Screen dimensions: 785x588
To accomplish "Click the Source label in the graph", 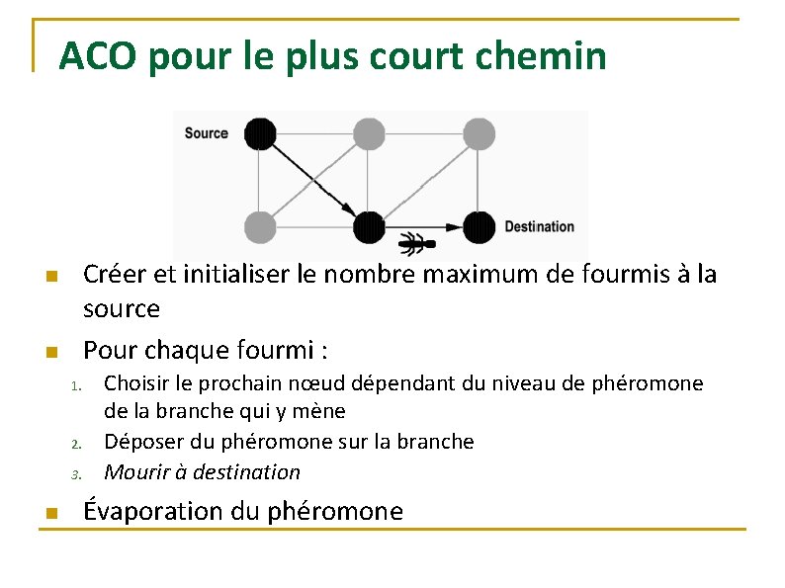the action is pos(206,133).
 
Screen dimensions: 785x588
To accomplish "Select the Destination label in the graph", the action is pos(539,226).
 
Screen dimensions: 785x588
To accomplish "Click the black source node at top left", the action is pos(259,133).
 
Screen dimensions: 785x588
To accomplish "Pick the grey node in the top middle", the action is pos(369,133).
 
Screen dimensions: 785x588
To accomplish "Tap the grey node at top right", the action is pos(479,133).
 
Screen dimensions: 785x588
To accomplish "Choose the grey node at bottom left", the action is pos(259,227).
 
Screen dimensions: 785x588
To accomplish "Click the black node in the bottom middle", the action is pos(369,227).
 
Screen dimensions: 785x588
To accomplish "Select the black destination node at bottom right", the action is pos(479,227).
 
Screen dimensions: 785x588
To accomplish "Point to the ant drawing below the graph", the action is pos(415,242).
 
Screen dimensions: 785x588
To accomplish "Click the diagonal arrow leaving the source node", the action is pos(313,180).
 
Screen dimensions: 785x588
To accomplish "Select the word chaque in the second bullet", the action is pos(188,350).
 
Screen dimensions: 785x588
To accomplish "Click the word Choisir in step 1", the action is pos(137,382).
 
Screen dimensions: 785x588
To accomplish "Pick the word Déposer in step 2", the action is pos(141,441).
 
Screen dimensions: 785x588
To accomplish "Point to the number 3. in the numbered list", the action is pos(75,474).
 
